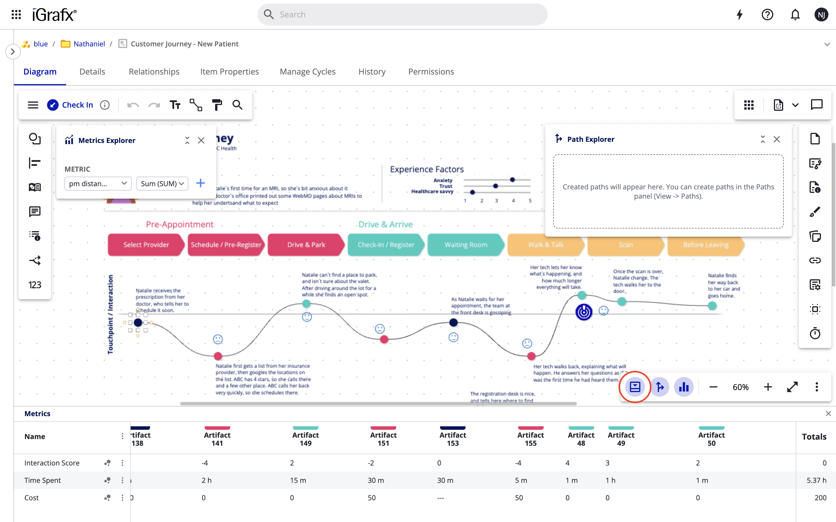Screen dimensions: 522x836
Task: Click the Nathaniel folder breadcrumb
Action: point(89,44)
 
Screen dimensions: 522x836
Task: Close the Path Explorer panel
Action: point(776,139)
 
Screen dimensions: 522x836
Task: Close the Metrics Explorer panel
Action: point(201,141)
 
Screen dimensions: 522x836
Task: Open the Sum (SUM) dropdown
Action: point(162,183)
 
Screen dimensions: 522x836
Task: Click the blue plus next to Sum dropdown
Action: point(200,183)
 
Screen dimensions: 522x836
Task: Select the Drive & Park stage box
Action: point(306,245)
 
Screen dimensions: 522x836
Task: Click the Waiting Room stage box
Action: point(465,245)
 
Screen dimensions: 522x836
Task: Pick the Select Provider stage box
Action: point(146,245)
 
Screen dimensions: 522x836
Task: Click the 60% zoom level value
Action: point(740,387)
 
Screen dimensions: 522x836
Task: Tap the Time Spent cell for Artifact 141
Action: point(207,480)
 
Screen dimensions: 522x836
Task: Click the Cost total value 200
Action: point(820,497)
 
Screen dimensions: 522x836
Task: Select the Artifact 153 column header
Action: point(453,439)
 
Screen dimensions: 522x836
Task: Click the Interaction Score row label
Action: point(52,463)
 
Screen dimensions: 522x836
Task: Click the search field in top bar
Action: point(402,14)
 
